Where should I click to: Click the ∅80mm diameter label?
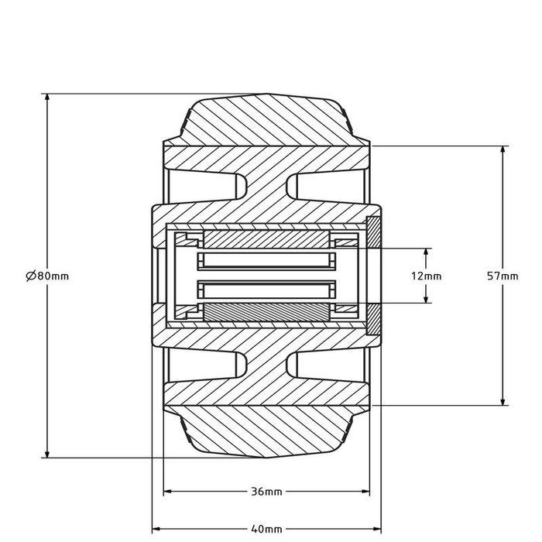pos(47,276)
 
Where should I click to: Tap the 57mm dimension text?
pos(504,276)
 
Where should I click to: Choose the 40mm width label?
pos(266,529)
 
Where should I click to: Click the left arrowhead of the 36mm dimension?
pos(166,492)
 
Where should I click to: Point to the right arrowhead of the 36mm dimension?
pos(367,492)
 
